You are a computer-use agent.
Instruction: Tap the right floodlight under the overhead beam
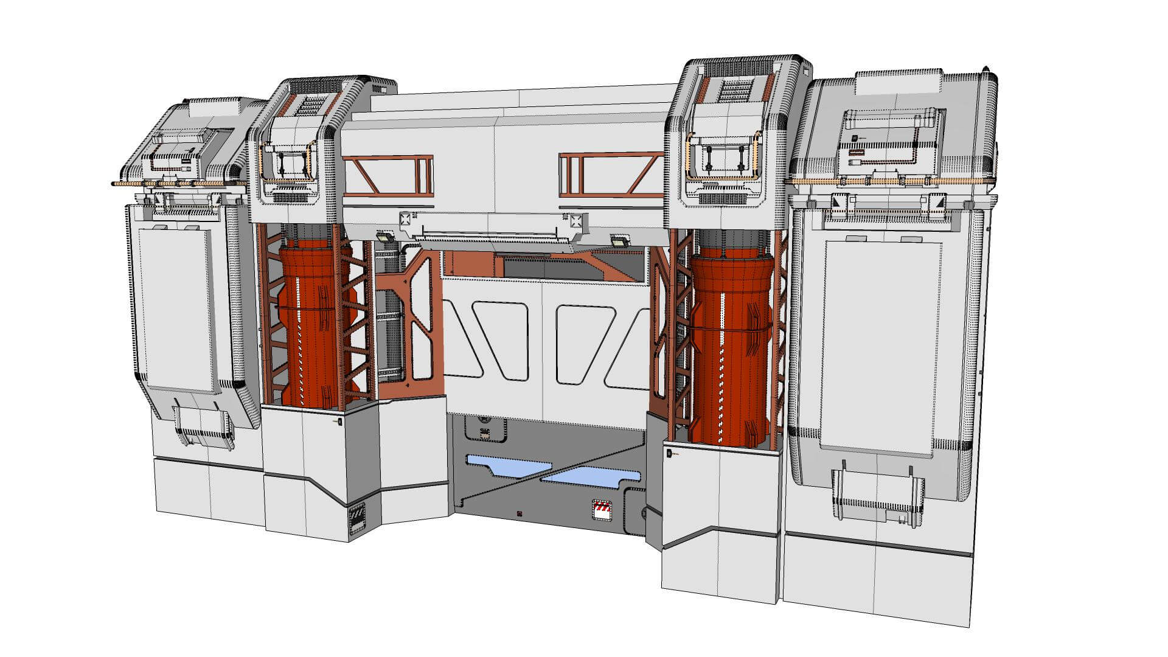tap(620, 242)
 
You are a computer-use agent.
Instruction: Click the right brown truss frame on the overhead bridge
tap(611, 175)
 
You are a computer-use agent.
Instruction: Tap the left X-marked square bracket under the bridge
tap(406, 219)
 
